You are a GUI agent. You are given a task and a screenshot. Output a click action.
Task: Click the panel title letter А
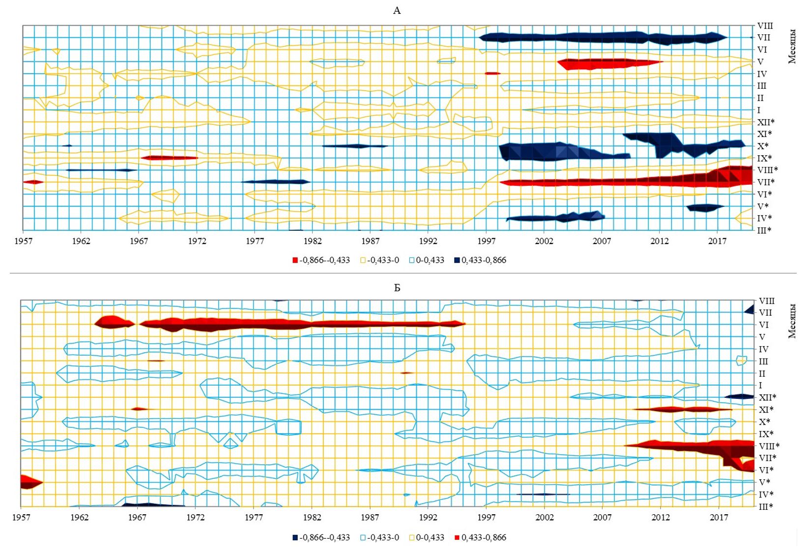coord(397,11)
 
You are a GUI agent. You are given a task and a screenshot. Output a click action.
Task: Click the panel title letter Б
coord(397,288)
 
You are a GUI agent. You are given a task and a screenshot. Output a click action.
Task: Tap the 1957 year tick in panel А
coord(23,241)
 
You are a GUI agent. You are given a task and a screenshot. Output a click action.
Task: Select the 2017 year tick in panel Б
coord(719,517)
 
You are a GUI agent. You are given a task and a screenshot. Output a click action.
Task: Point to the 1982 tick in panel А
coord(313,241)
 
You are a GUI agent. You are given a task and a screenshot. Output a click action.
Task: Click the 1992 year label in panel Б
coord(428,517)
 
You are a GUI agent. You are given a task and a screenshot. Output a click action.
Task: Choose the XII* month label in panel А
coord(766,122)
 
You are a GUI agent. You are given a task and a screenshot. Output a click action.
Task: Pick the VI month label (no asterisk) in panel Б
coord(764,325)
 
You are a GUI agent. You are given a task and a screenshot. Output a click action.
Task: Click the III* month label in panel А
coord(764,230)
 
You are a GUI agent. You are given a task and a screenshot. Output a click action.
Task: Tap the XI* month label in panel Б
coord(766,410)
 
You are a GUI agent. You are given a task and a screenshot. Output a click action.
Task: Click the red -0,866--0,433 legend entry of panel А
coord(321,260)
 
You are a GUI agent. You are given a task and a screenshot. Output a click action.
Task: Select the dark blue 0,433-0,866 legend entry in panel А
coord(480,260)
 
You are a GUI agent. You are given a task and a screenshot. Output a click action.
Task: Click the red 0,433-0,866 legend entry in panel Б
coord(480,537)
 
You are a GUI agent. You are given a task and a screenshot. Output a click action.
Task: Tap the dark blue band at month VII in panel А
coord(603,38)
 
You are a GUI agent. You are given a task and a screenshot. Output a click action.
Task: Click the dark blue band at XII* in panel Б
coord(739,396)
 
